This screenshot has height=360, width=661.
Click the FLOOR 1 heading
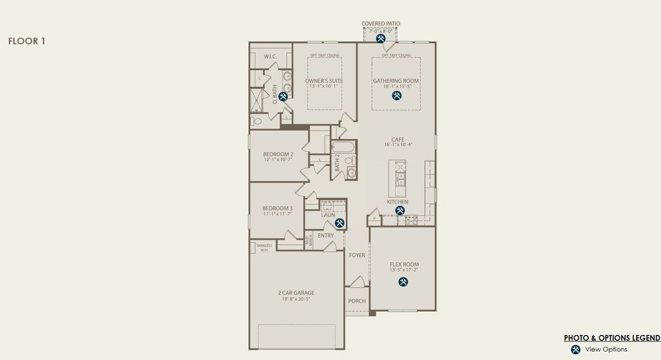(x=26, y=41)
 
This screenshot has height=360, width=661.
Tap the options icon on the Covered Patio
(x=380, y=38)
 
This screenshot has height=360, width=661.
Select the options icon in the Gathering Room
(x=396, y=95)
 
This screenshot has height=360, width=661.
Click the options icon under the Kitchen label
(x=400, y=211)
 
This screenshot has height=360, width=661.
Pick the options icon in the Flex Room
(x=404, y=281)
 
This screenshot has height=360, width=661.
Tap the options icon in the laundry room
(x=339, y=223)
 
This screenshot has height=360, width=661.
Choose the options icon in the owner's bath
(x=283, y=96)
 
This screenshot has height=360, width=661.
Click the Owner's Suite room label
(x=324, y=81)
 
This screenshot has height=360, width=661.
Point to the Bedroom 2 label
(x=278, y=154)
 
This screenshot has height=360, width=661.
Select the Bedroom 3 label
(x=277, y=209)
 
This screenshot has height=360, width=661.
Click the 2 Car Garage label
(x=296, y=293)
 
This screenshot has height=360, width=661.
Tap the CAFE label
(x=398, y=140)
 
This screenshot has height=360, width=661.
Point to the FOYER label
(x=357, y=256)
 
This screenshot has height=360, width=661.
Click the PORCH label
(x=357, y=301)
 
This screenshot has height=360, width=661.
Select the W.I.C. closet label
(x=270, y=56)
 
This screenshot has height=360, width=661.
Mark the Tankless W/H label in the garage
(x=264, y=247)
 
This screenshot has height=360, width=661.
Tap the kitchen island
(x=397, y=178)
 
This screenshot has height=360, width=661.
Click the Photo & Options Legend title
(x=612, y=338)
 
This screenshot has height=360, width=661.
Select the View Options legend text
(x=606, y=349)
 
